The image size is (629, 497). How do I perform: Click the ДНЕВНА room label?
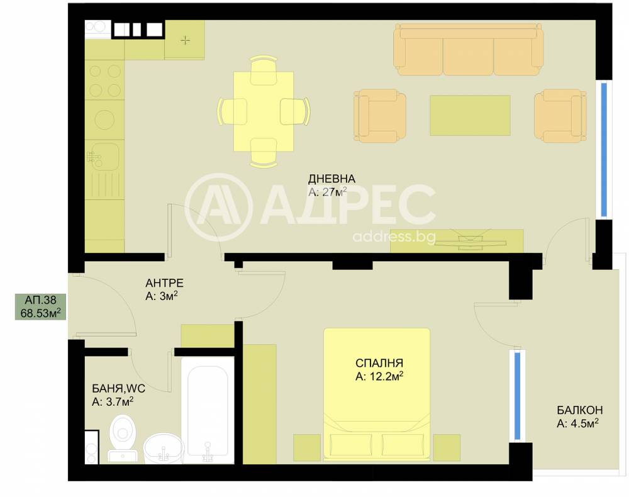coord(331,179)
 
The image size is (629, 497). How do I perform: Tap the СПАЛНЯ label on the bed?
coord(379,363)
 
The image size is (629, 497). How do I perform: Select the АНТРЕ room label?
coord(164,283)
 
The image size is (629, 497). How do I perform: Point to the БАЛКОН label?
coord(580,410)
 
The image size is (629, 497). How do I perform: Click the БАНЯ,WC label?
coord(119,388)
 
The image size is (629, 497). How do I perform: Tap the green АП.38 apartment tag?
coord(40,307)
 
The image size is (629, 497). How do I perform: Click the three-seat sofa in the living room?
coord(469,49)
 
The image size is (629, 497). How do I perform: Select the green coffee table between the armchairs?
coord(470,116)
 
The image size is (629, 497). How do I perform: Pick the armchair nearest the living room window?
coord(560,116)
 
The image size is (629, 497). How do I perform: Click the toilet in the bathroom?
coord(123,438)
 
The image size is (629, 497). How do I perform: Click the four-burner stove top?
coord(104,81)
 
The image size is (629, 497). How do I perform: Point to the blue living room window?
coord(604,150)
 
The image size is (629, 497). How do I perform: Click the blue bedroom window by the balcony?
coord(517,396)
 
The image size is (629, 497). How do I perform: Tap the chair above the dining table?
coord(264,70)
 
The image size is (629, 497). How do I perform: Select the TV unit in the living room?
coord(457,241)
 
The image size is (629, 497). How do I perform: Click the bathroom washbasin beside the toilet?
coord(164,448)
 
